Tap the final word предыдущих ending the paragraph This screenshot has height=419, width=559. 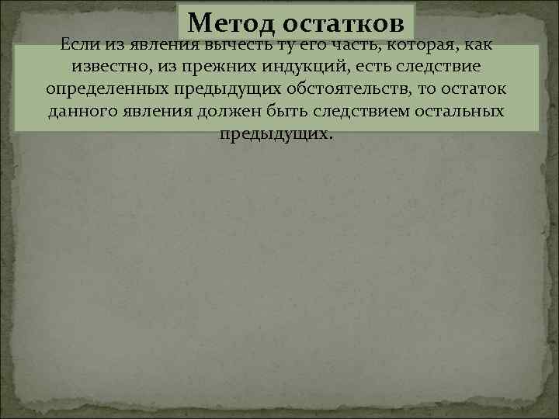click(276, 133)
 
